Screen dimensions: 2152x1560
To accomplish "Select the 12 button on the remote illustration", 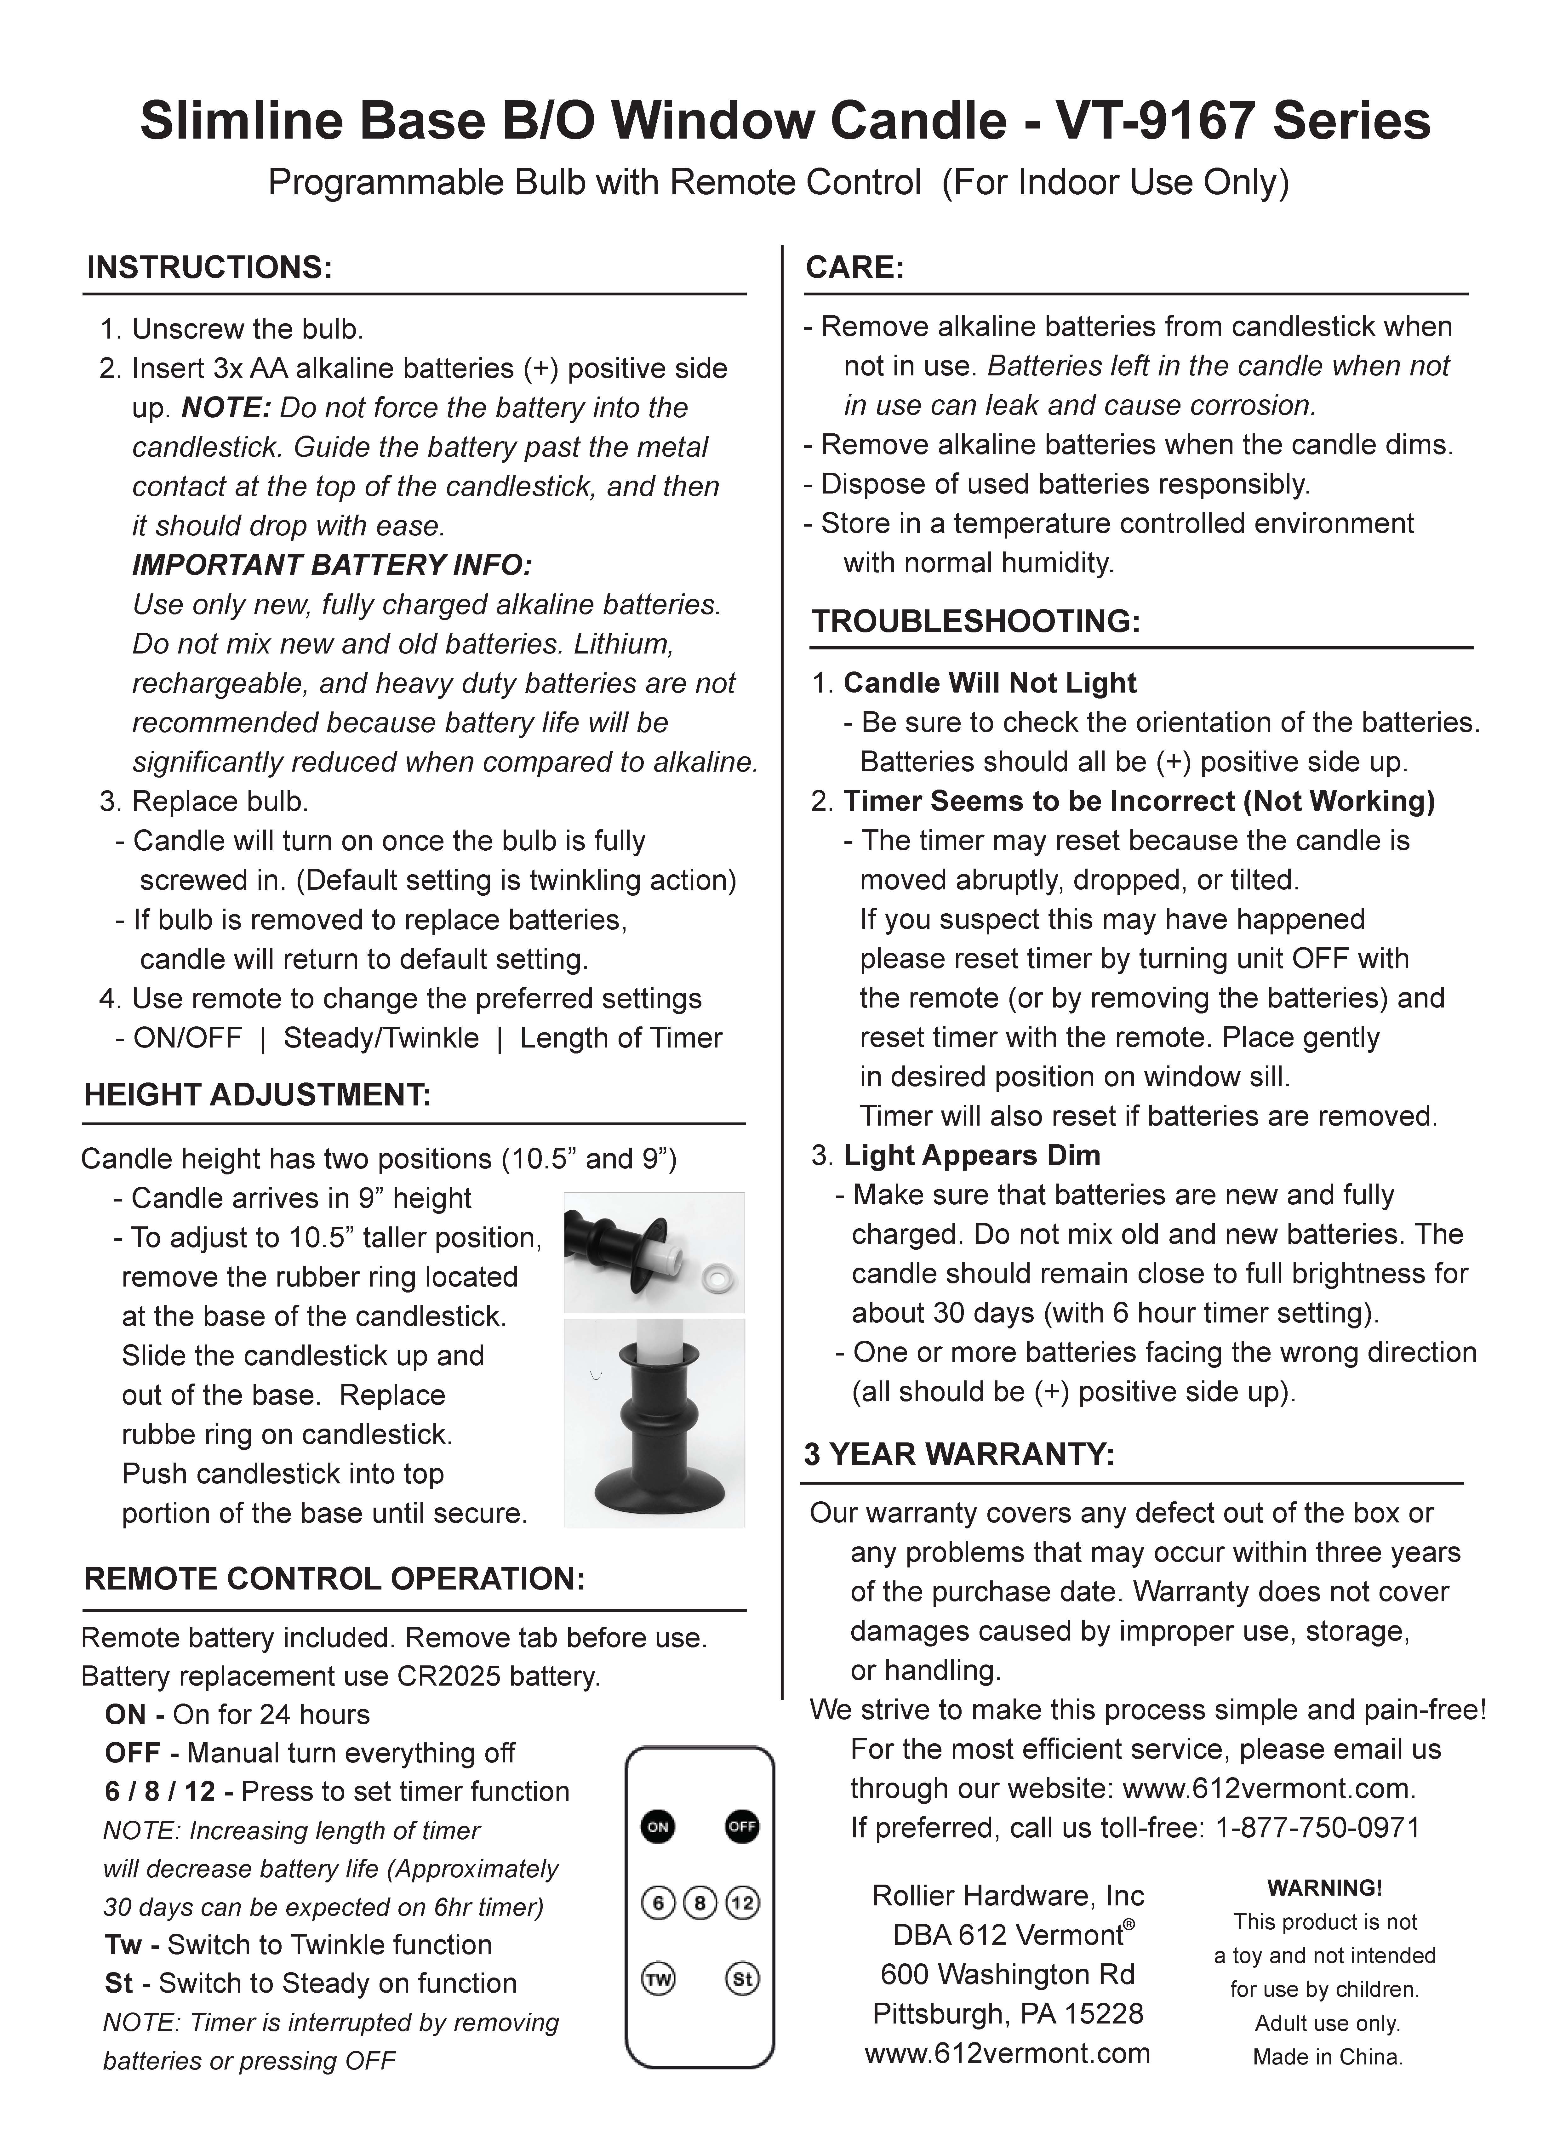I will pyautogui.click(x=742, y=1903).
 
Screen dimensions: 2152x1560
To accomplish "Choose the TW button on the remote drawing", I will pyautogui.click(x=658, y=1978).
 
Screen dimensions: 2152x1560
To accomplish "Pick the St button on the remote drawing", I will pyautogui.click(x=742, y=1978).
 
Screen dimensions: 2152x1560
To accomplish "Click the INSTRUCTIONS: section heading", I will pyautogui.click(x=209, y=268).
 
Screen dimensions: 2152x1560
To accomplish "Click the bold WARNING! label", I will pyautogui.click(x=1325, y=1888).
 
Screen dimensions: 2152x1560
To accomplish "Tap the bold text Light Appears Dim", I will pyautogui.click(x=972, y=1156).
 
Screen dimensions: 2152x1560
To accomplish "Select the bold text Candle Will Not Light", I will pyautogui.click(x=990, y=683).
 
